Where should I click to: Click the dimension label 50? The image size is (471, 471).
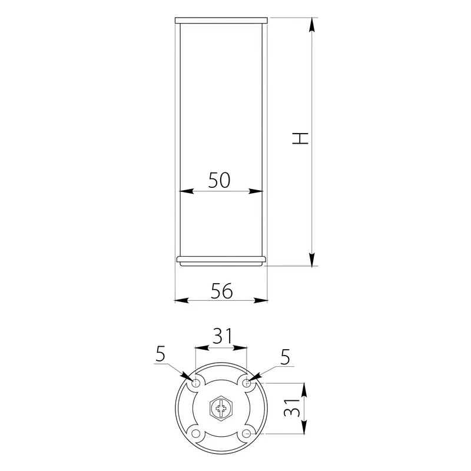(x=219, y=180)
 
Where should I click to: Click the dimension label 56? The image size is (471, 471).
(x=222, y=291)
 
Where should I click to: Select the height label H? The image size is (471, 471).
(x=300, y=138)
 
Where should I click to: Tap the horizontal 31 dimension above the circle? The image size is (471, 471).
(x=223, y=336)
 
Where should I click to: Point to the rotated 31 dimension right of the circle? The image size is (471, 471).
(x=291, y=407)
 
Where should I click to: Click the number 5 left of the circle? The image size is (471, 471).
(x=161, y=354)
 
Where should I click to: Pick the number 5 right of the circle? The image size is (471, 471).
(x=285, y=357)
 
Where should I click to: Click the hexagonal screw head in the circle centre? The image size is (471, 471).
(x=221, y=409)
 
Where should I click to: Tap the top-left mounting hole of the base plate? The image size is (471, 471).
(x=196, y=383)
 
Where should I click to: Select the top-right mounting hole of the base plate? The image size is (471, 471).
(x=247, y=383)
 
